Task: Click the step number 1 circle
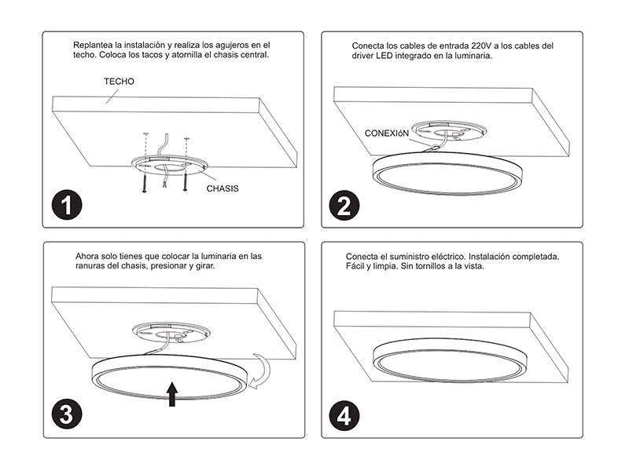67,205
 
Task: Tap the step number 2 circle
344,205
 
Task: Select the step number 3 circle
67,414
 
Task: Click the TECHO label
120,82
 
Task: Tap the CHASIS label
223,188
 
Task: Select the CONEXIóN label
386,133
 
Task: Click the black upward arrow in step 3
172,394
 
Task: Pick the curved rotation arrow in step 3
260,371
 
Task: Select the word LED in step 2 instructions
384,56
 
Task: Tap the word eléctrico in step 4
447,257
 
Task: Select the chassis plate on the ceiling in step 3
171,332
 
